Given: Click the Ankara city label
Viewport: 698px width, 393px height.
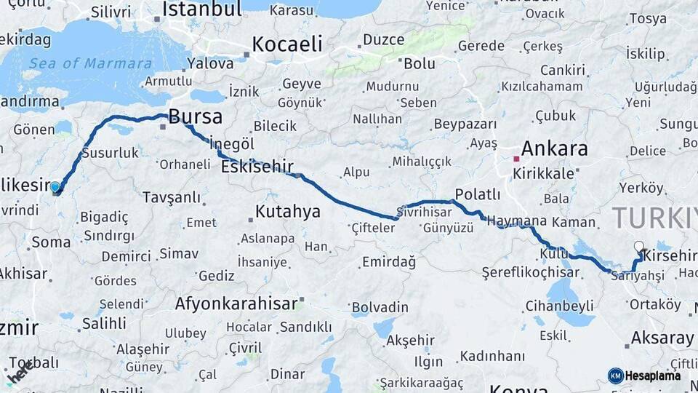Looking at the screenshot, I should tap(555, 149).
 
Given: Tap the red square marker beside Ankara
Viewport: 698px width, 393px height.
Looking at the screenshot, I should tap(516, 158).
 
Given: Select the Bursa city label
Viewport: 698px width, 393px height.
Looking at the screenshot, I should tap(195, 117).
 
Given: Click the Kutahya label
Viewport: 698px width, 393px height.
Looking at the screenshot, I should tap(288, 212).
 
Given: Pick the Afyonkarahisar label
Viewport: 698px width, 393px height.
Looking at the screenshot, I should tap(236, 303).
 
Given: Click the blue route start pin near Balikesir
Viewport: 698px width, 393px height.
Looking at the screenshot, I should tap(55, 187).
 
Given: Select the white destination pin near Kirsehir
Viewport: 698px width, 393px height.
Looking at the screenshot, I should tap(638, 247).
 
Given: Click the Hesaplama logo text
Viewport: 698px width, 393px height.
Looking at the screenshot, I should tap(652, 376).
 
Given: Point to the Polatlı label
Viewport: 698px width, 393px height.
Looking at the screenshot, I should tap(477, 194).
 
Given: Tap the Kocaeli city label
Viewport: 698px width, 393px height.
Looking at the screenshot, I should tap(287, 44).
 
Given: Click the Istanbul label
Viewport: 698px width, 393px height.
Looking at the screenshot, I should tap(201, 9).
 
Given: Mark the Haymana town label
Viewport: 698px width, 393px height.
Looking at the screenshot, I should tap(516, 221).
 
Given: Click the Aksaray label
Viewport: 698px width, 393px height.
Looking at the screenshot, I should tap(662, 338).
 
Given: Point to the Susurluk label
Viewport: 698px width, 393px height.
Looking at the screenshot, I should tap(110, 153).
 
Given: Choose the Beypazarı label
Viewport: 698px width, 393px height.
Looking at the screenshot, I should tap(465, 124).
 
